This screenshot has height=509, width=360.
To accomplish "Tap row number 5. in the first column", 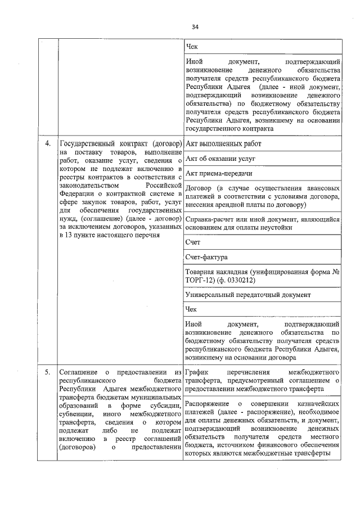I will (x=48, y=372).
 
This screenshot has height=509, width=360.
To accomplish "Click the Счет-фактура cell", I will (x=206, y=257).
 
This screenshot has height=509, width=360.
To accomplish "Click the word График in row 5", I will (x=197, y=372).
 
